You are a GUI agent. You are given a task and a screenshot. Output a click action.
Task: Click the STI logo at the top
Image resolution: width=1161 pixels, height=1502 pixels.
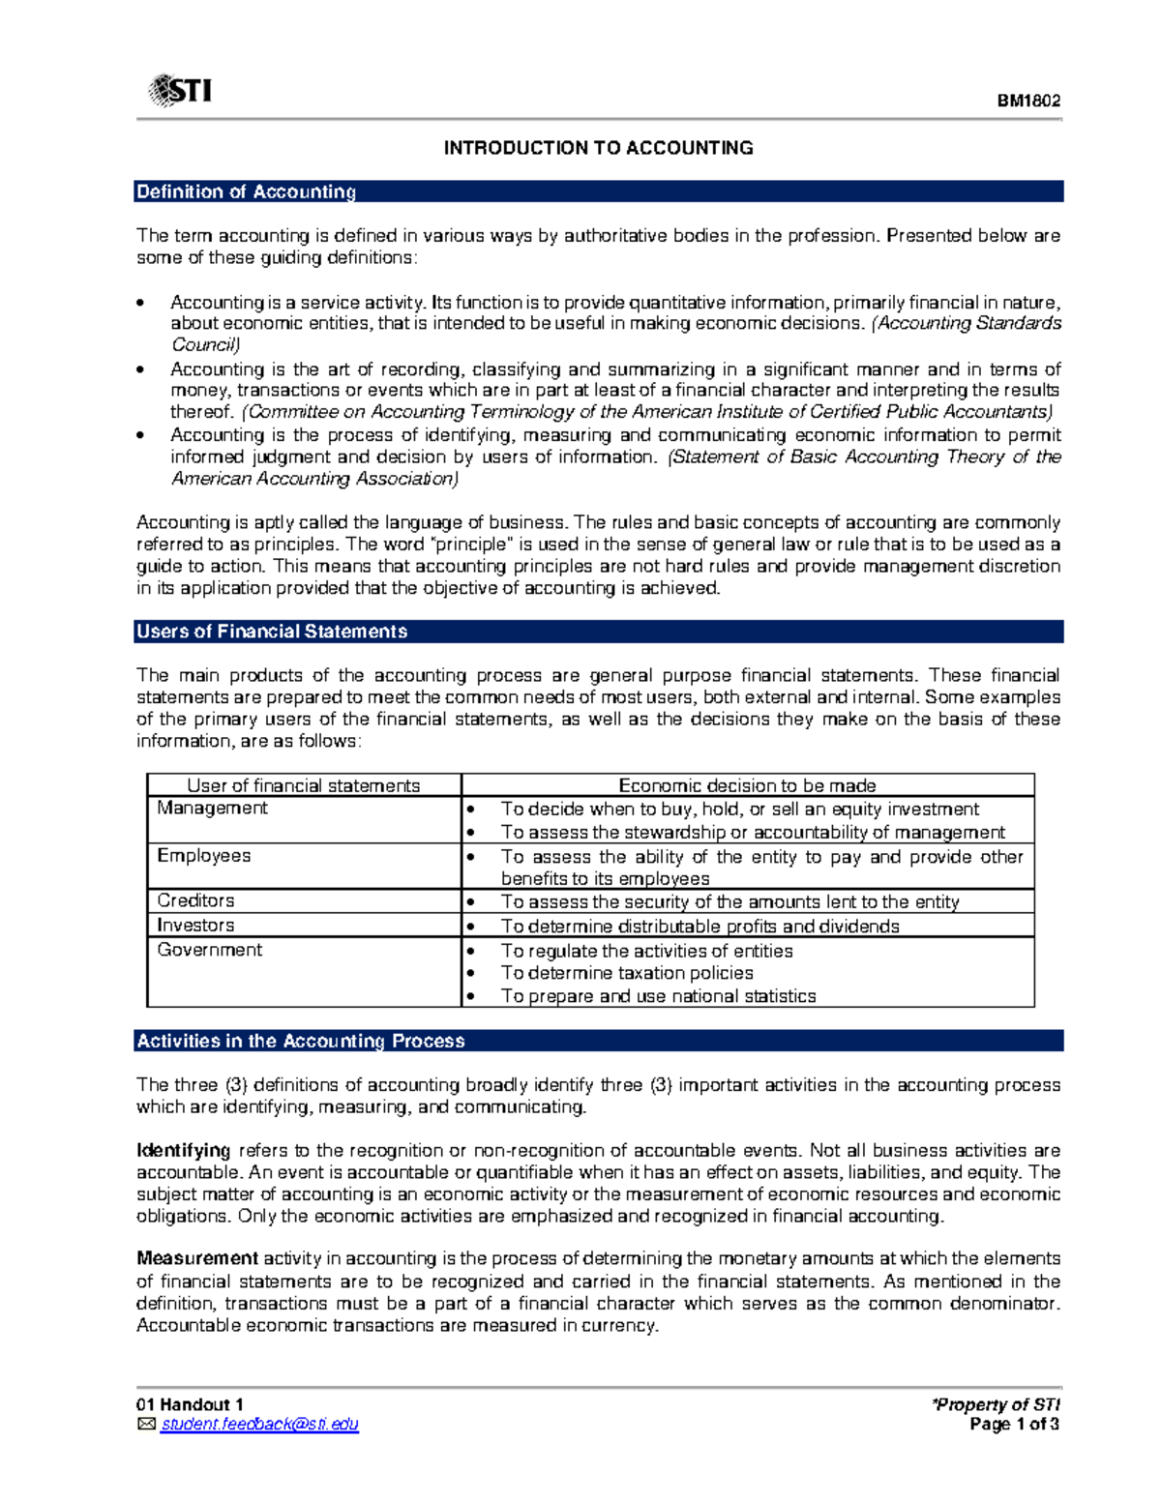click(180, 91)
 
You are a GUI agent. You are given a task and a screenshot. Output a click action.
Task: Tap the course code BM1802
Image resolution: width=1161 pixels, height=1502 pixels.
click(1029, 101)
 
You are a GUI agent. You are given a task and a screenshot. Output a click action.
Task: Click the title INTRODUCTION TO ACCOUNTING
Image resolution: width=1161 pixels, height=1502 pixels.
click(598, 148)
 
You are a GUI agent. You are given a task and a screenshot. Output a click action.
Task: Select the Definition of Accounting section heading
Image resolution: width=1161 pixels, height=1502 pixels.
click(247, 191)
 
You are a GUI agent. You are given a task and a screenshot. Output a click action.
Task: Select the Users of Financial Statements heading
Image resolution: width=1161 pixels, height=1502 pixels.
click(272, 632)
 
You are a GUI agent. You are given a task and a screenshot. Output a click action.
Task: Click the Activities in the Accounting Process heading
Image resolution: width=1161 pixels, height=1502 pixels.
click(301, 1041)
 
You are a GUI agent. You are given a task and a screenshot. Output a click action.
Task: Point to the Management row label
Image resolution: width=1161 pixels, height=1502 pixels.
click(213, 808)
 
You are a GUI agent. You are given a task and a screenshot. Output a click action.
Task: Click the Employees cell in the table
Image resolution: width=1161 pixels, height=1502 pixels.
click(204, 856)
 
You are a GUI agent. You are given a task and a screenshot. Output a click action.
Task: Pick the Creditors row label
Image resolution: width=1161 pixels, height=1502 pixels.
click(196, 900)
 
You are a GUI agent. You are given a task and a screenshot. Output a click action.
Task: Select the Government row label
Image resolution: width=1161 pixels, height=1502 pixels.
click(210, 950)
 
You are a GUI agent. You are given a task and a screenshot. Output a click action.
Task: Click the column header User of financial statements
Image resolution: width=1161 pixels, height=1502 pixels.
click(303, 785)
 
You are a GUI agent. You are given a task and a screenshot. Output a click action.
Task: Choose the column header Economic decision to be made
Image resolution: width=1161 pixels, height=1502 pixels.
click(747, 785)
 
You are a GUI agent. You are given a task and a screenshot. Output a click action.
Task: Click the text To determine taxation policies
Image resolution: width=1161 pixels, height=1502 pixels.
click(626, 973)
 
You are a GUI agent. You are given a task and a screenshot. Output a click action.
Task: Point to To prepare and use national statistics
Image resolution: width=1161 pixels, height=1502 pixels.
click(658, 996)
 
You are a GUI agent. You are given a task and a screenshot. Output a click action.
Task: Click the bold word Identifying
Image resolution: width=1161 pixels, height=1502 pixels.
click(183, 1150)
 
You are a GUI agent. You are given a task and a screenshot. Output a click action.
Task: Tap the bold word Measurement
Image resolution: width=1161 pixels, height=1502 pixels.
click(197, 1258)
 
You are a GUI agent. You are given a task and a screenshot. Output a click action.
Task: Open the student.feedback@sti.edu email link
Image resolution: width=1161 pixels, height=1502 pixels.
click(259, 1424)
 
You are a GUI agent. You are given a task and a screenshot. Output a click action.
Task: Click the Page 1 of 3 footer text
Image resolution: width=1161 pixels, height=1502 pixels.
click(1014, 1424)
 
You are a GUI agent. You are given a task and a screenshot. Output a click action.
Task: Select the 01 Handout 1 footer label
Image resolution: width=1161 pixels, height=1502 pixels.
click(190, 1404)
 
